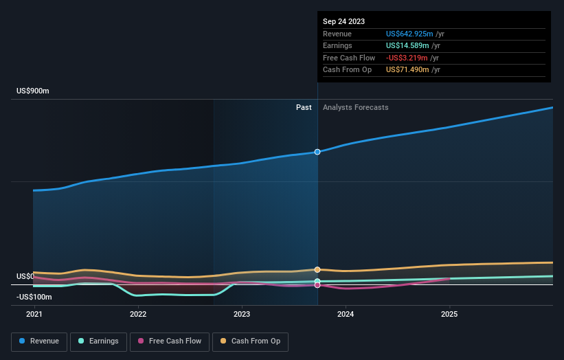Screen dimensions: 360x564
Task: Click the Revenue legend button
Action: [39, 341]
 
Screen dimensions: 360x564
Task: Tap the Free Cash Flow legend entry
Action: [169, 341]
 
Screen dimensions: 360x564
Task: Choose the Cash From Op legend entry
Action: [250, 341]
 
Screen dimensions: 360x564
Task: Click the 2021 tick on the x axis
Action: [34, 314]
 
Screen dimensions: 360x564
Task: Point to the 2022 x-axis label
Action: [138, 314]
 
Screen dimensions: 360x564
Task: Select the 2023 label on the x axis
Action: [242, 314]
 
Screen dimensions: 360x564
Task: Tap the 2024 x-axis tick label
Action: [346, 314]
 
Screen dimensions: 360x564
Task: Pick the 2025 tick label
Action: [449, 314]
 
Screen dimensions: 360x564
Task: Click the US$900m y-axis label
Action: [33, 91]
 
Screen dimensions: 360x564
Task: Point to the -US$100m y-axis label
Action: [34, 297]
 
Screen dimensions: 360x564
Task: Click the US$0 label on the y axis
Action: [25, 276]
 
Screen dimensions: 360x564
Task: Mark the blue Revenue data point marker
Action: [317, 152]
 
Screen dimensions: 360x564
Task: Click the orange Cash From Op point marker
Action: [317, 270]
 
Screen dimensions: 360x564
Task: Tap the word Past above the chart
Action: [304, 108]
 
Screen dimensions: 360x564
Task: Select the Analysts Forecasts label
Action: [355, 108]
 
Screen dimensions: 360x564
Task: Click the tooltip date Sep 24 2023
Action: [343, 21]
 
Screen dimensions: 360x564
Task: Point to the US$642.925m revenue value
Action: [409, 34]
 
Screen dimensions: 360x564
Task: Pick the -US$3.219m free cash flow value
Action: [407, 58]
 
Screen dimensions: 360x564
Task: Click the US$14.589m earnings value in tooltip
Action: [407, 46]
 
